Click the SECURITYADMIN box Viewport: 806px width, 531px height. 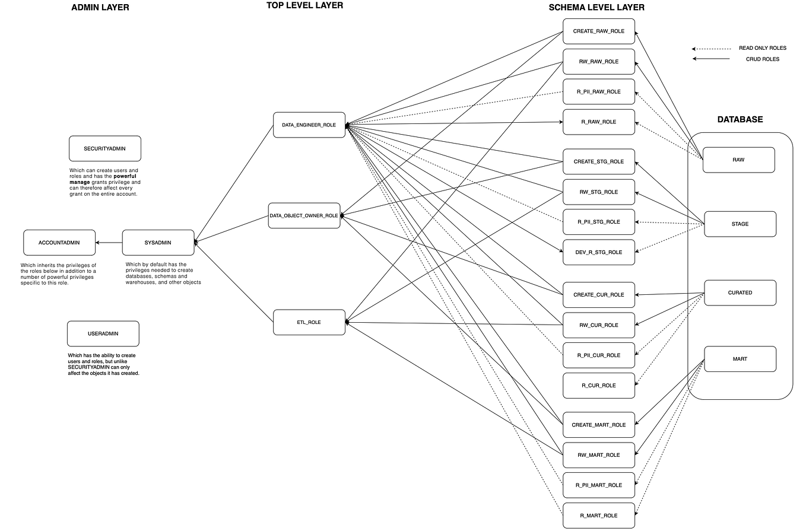pos(104,148)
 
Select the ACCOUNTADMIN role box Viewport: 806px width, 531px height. pos(59,243)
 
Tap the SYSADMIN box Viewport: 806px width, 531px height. pos(158,243)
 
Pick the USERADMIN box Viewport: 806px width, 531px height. pos(103,333)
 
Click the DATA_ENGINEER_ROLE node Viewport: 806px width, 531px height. pos(309,125)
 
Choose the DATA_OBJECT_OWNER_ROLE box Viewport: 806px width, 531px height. pos(303,216)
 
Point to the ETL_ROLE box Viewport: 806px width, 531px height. pos(309,322)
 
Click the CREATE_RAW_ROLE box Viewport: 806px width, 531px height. pos(598,31)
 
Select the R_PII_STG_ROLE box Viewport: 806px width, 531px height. pos(598,222)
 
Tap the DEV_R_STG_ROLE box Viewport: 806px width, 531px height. pos(598,252)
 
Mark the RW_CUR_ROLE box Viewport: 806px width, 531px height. pos(598,325)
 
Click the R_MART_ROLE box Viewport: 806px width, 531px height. pos(598,516)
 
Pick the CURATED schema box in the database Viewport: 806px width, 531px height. pos(740,292)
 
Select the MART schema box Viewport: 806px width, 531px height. pos(740,359)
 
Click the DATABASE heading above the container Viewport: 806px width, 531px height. pos(740,119)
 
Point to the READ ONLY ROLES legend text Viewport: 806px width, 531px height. pos(762,48)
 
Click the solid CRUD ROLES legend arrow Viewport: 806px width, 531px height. pos(711,59)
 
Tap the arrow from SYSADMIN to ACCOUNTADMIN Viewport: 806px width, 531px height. pos(109,243)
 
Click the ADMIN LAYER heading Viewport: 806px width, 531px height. pos(100,8)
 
